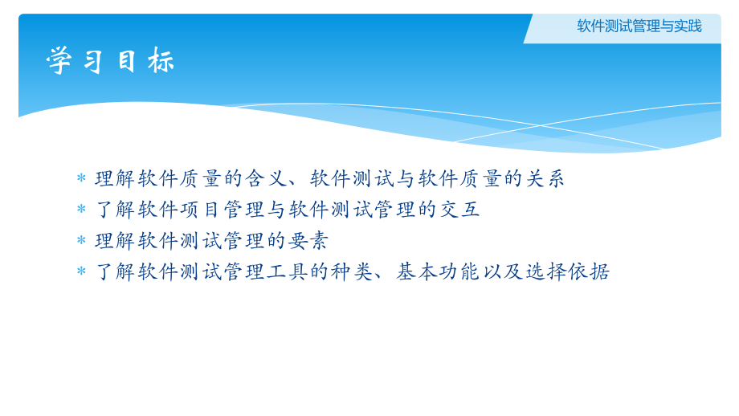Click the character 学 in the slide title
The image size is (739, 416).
pos(59,61)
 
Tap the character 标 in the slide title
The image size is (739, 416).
pos(161,61)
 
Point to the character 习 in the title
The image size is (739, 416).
pos(93,61)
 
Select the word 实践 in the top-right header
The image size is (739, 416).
pos(688,26)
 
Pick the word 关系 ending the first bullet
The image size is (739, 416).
pos(545,178)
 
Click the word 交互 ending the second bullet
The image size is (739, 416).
pos(459,210)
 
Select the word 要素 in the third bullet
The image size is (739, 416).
pos(308,240)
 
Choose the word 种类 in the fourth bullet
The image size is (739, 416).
pos(352,271)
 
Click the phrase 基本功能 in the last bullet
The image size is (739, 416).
pos(438,271)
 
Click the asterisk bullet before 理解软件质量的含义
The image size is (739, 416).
pos(81,178)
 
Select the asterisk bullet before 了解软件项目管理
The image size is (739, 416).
pos(81,210)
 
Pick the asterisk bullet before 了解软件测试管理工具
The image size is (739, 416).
pos(81,271)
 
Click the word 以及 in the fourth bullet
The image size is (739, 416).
pos(503,271)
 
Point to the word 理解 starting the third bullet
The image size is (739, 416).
pos(116,240)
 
